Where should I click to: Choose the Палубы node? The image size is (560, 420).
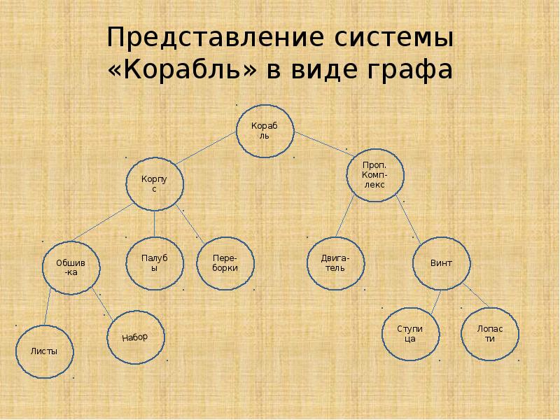pos(155,262)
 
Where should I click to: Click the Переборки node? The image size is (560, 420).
pos(225,262)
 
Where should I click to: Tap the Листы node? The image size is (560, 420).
pos(43,351)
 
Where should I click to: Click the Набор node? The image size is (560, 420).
pos(135,337)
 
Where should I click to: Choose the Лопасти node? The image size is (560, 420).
pos(491,333)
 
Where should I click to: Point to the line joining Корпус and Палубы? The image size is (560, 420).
pos(154,224)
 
